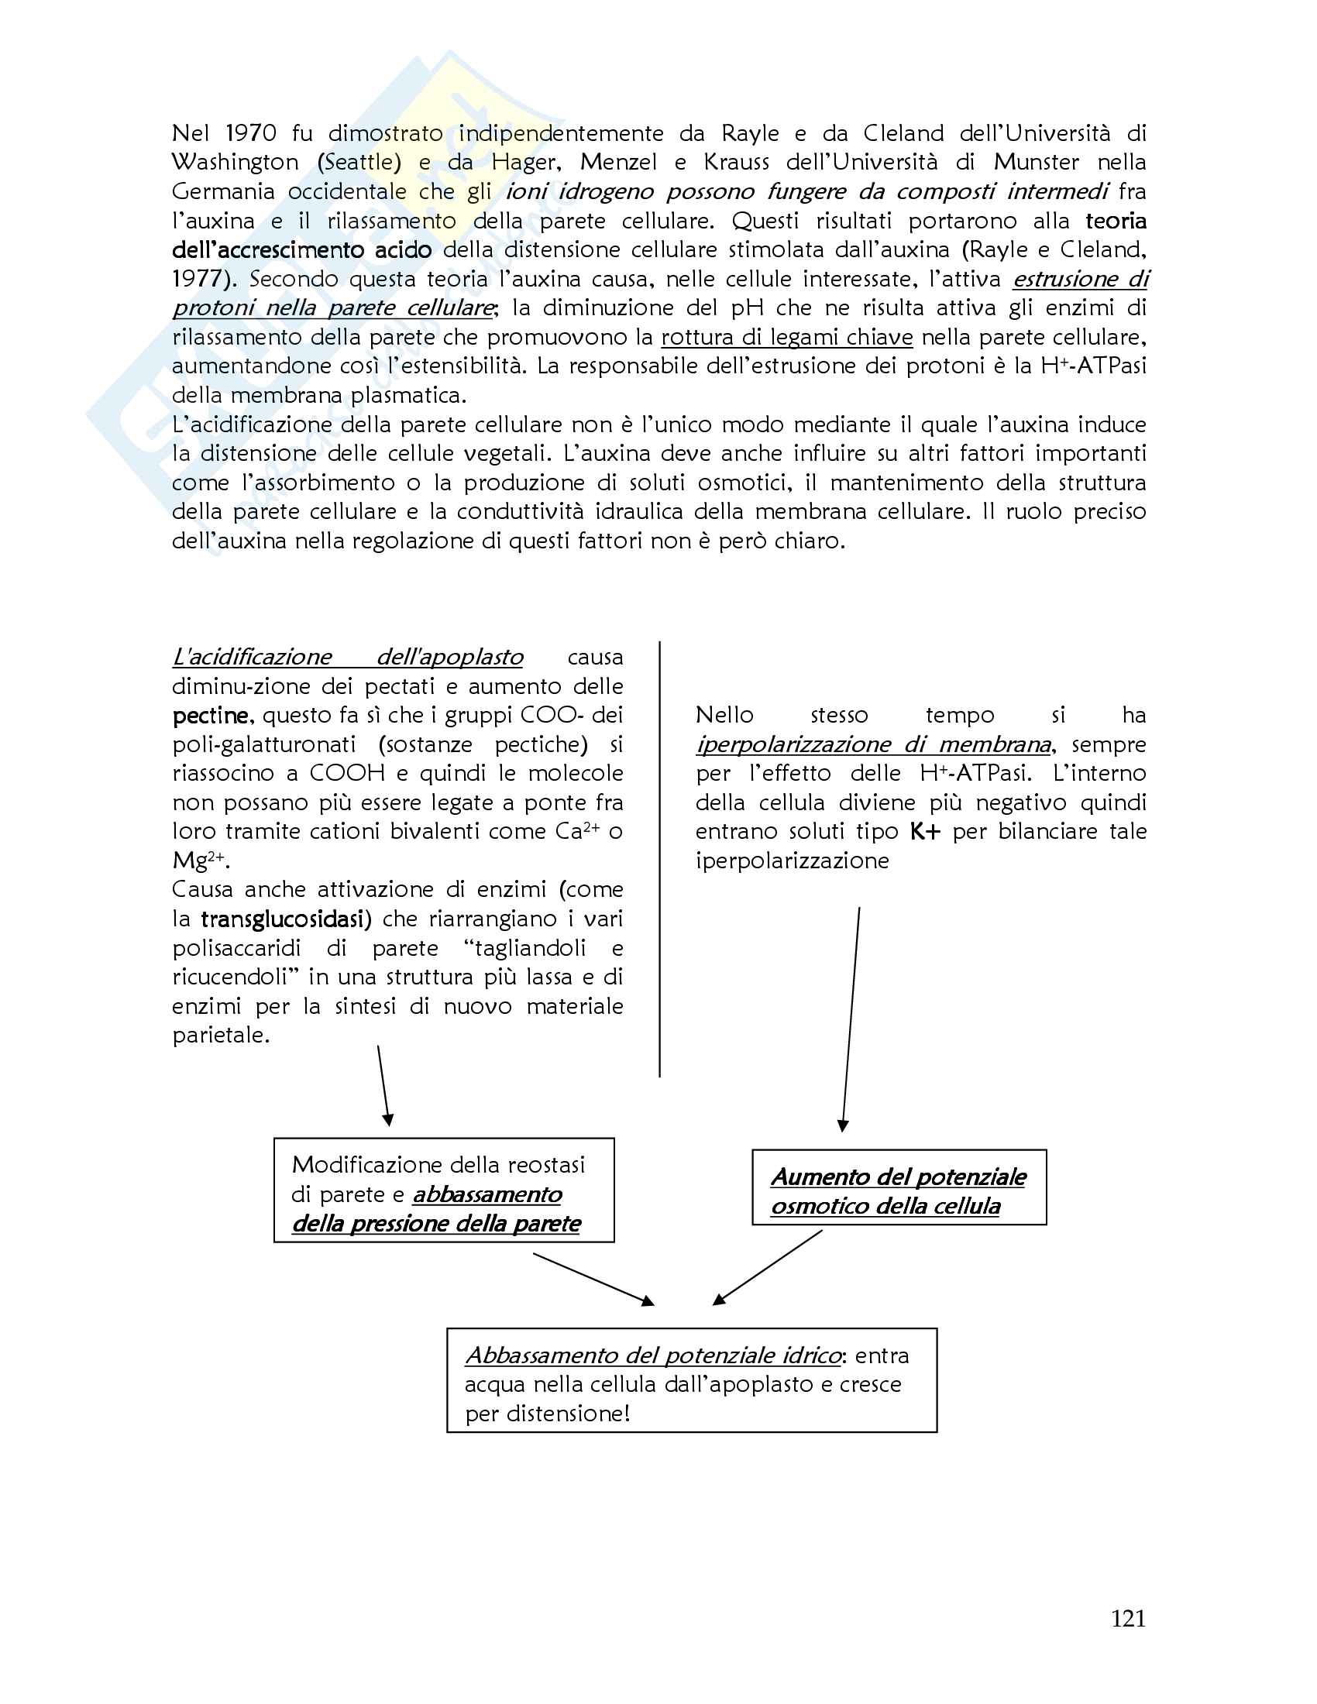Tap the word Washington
click(x=235, y=163)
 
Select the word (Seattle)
click(x=359, y=163)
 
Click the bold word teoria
click(x=1116, y=221)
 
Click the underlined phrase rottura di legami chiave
click(x=786, y=337)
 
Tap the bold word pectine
click(x=211, y=716)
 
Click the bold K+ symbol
click(x=925, y=832)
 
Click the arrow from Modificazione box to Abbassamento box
click(x=593, y=1279)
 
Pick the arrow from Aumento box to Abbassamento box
click(x=768, y=1268)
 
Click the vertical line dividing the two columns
click(x=660, y=858)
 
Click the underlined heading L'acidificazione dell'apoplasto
click(x=347, y=658)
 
